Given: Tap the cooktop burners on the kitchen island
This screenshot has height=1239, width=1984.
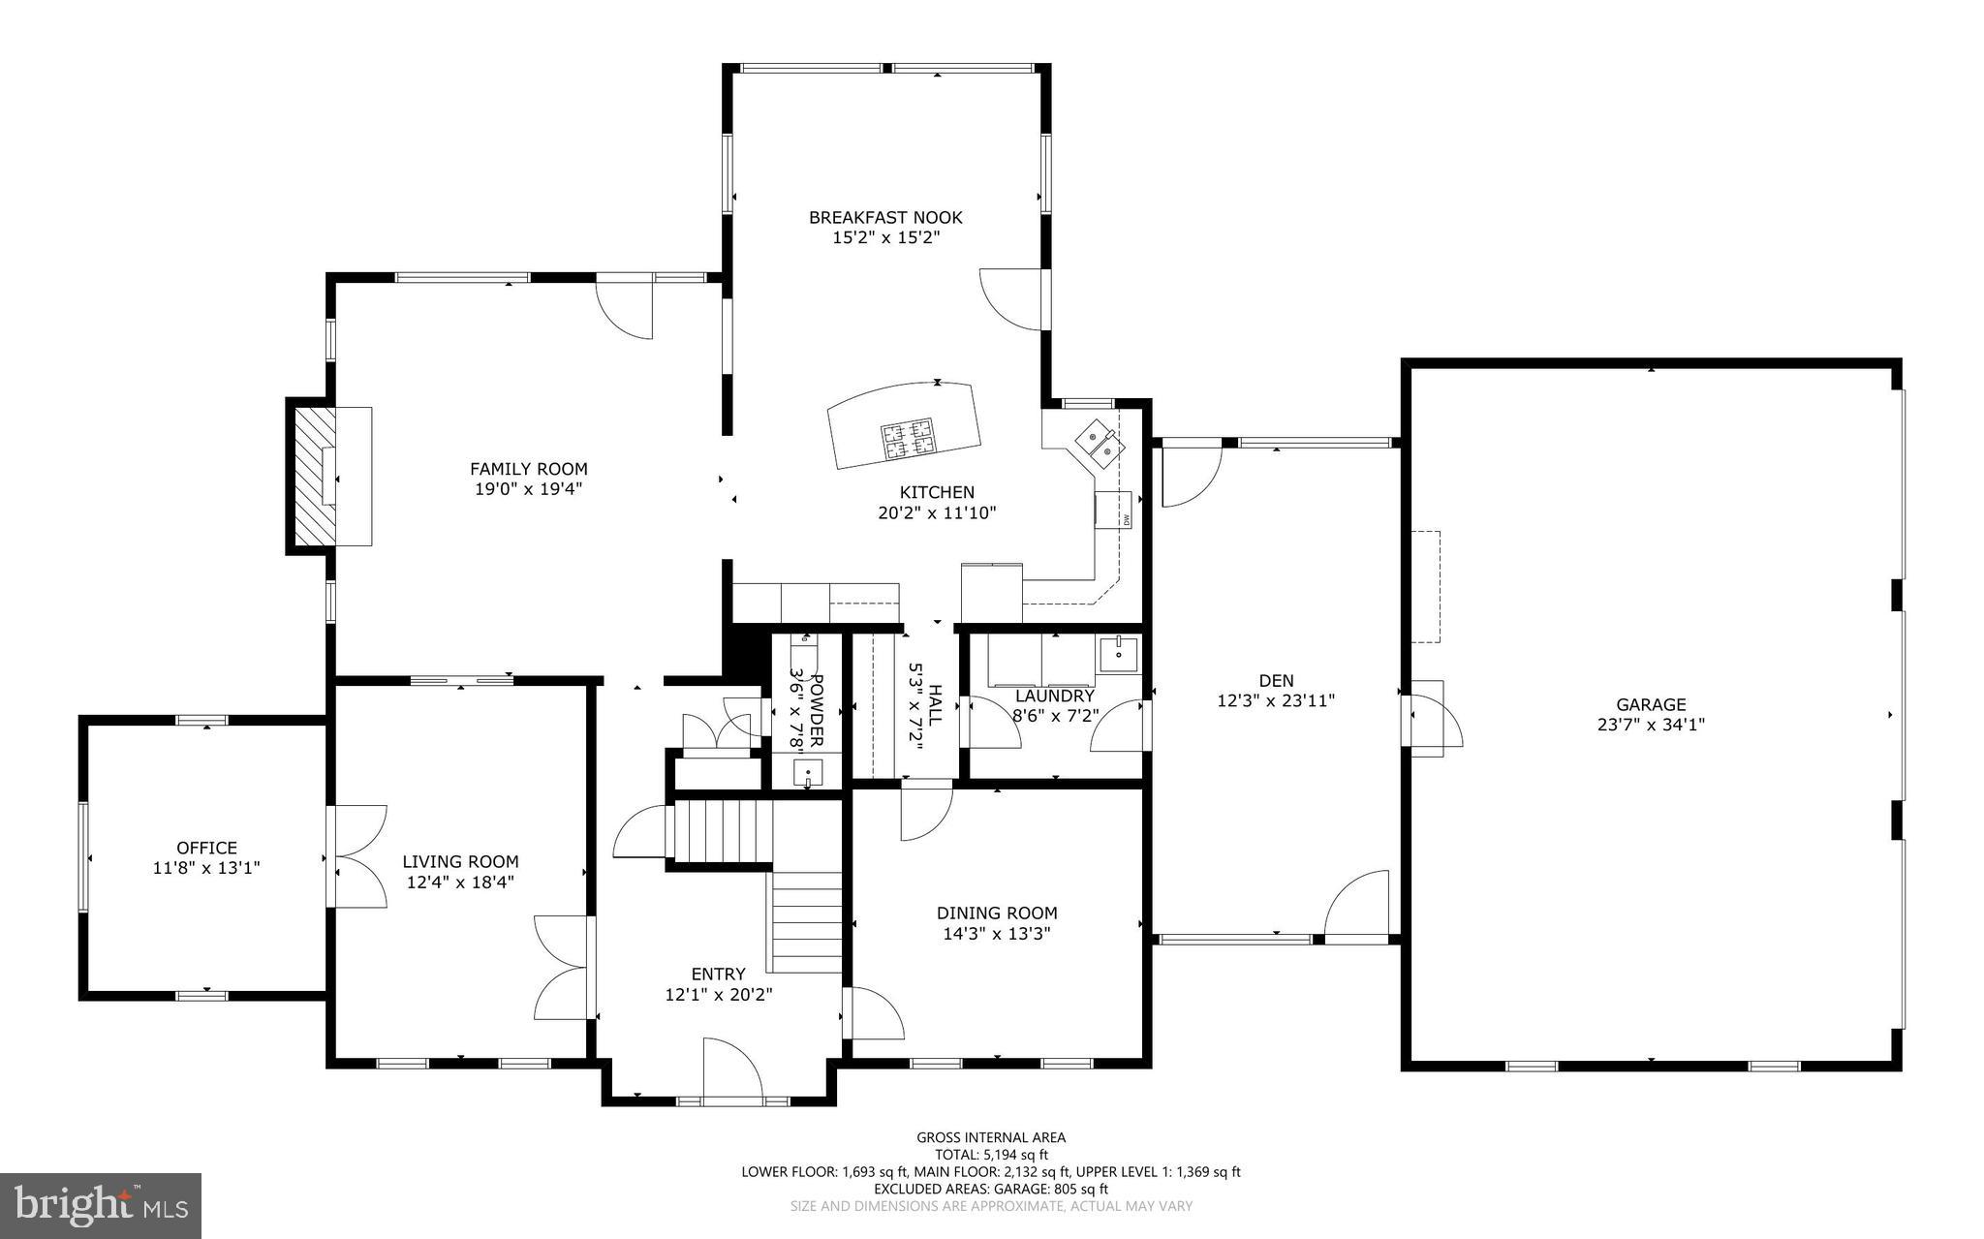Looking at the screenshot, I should point(908,439).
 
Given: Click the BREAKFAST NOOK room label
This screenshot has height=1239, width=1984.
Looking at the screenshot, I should point(885,217).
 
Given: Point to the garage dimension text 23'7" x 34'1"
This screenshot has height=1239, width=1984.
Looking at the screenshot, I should point(1651,724).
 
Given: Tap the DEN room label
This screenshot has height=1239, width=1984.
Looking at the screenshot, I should point(1276,681).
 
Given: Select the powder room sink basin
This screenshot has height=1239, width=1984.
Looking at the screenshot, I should point(808,773).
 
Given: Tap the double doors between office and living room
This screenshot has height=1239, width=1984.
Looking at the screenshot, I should point(356,856).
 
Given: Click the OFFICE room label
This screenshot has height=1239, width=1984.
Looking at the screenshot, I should point(206,848).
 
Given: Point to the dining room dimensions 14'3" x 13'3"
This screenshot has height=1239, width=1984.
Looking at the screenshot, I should point(997,934).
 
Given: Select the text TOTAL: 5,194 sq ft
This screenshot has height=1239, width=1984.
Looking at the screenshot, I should point(991,1154).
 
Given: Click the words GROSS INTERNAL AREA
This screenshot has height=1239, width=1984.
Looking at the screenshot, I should point(991,1137).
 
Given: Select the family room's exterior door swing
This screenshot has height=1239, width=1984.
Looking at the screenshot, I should point(625,308).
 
